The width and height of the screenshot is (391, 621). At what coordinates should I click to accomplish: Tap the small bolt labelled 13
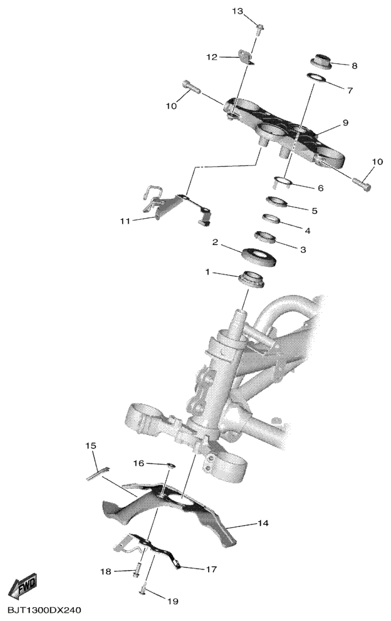(260, 29)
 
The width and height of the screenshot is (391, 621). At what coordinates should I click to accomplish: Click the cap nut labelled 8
(320, 61)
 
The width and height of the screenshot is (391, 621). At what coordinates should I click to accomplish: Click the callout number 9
(345, 123)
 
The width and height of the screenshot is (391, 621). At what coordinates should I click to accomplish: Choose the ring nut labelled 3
(264, 237)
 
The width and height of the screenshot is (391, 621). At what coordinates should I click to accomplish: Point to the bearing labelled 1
(251, 278)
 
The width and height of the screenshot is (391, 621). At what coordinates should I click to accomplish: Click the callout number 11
(125, 221)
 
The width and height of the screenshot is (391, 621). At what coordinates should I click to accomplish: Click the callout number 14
(263, 523)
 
